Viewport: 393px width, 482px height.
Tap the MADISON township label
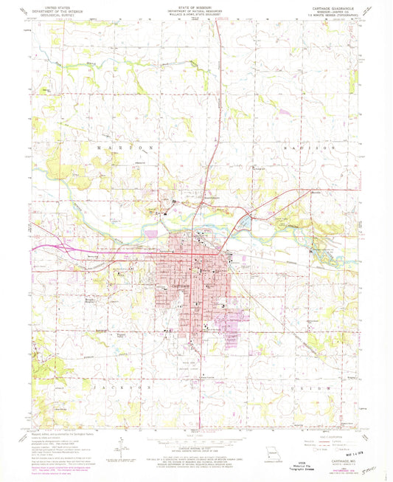303,148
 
